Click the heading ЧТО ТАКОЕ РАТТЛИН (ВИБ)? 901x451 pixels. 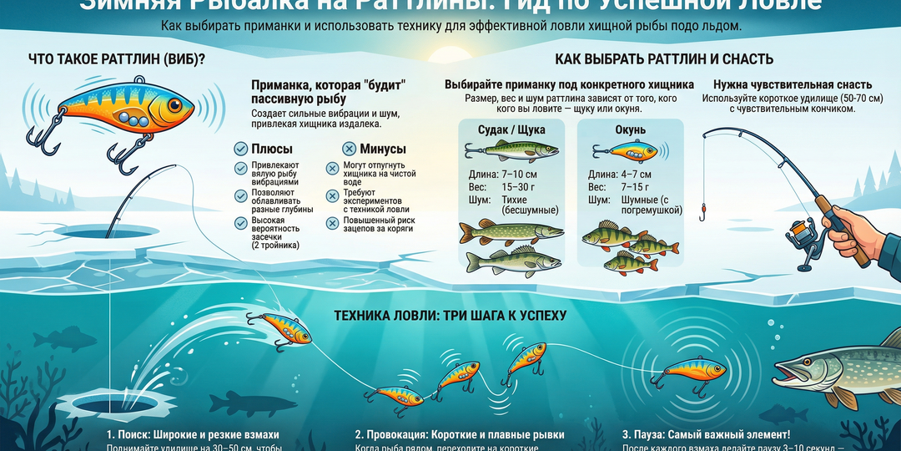coord(118,59)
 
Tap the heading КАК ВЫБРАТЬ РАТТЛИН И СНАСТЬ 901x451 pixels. coord(664,59)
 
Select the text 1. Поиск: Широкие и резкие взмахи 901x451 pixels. coord(193,435)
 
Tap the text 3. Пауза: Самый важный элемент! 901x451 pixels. coord(707,435)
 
